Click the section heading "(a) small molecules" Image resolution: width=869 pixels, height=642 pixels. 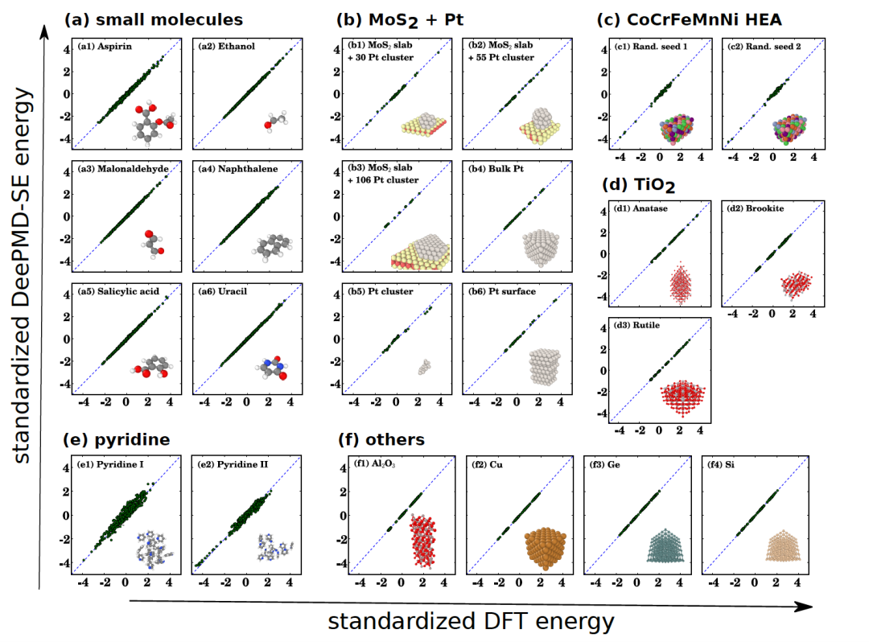click(153, 19)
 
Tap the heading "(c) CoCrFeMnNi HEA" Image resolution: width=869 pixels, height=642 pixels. click(690, 19)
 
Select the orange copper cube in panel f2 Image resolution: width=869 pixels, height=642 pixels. click(548, 549)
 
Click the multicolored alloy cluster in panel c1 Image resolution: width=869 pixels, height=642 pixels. click(682, 131)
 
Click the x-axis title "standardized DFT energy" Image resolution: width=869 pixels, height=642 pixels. click(471, 621)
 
